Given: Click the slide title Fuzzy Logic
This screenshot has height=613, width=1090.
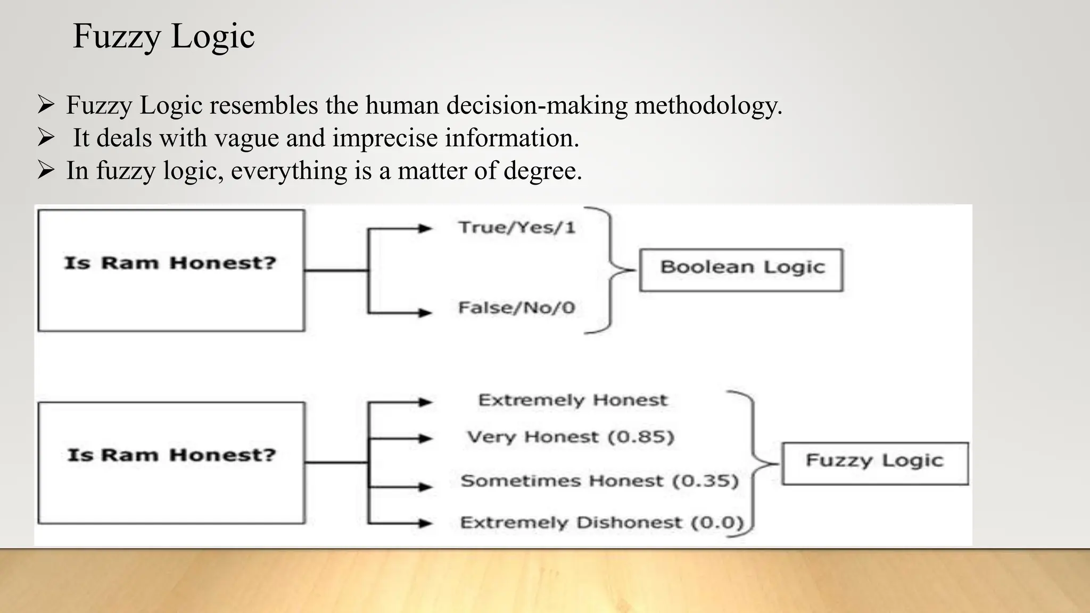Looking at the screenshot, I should click(x=163, y=37).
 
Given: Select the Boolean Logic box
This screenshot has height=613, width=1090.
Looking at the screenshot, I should click(x=741, y=270).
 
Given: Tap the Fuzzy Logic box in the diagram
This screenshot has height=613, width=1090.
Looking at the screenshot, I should click(x=874, y=463).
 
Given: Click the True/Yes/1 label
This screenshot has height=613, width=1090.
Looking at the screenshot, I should click(x=517, y=228).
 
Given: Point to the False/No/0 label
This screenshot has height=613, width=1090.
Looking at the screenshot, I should click(x=517, y=308).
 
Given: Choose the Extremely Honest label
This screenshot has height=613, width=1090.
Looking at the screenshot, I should click(x=572, y=400).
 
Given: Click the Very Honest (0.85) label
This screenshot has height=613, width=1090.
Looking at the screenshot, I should click(x=570, y=437).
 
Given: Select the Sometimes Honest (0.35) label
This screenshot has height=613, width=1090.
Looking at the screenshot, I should click(x=599, y=481).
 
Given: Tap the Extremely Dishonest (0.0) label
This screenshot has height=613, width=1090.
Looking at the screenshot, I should click(x=601, y=523).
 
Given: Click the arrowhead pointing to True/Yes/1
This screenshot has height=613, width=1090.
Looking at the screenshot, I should click(x=425, y=229).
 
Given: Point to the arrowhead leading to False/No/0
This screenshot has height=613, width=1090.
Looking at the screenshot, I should click(x=425, y=312).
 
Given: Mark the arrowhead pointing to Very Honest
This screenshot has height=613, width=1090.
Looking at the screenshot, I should click(x=425, y=438).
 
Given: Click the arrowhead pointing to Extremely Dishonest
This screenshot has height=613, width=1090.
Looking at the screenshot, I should click(x=425, y=524).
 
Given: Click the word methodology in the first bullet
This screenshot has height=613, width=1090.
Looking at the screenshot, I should click(x=708, y=105).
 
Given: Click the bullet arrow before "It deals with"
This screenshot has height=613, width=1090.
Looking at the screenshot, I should click(x=46, y=138).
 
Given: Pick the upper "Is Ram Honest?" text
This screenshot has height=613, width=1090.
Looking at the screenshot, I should click(x=170, y=263).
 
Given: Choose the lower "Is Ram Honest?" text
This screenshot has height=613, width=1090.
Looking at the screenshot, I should click(x=171, y=455).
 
